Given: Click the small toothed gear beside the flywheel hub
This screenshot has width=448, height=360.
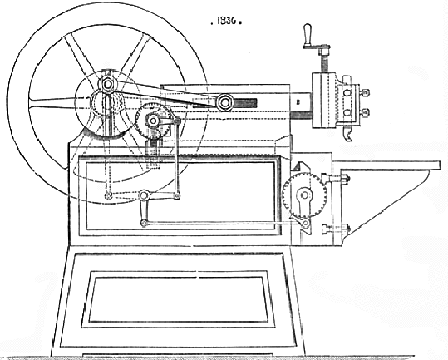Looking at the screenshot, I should (153, 121).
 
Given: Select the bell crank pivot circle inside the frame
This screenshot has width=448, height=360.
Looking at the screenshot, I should (145, 195).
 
